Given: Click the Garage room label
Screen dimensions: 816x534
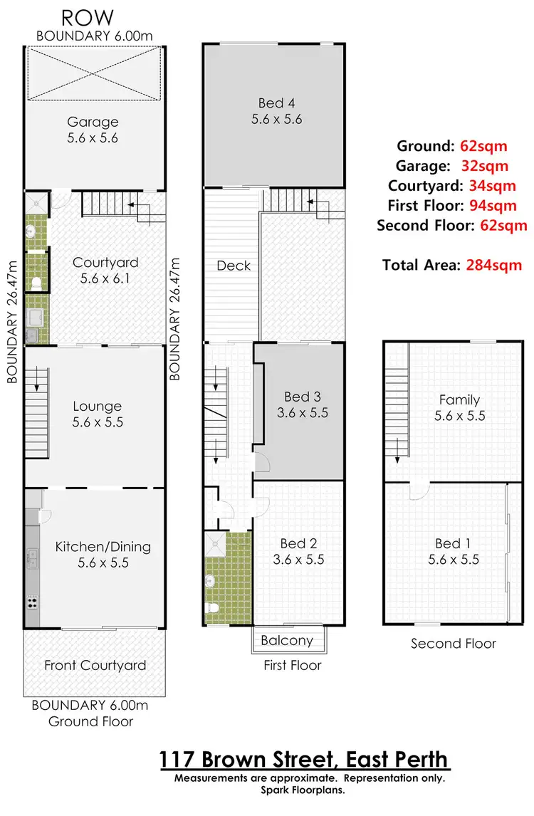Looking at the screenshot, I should point(93,122).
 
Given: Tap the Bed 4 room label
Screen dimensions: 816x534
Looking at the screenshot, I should point(276,103).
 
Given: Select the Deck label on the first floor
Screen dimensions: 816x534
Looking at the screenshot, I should point(234,266).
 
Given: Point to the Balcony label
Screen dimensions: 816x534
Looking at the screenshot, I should point(286,640).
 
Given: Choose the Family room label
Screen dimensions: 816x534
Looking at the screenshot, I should point(459,400).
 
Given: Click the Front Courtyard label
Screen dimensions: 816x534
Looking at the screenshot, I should point(95,666).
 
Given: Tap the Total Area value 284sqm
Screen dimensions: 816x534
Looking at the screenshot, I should point(494,266).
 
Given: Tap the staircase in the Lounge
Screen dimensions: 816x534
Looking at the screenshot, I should point(38,413).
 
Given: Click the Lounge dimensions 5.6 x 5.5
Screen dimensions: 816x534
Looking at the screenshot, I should point(97,422).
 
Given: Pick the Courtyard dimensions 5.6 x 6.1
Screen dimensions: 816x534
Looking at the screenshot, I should point(105,278).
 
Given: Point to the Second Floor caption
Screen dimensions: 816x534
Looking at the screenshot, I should point(453,644).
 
